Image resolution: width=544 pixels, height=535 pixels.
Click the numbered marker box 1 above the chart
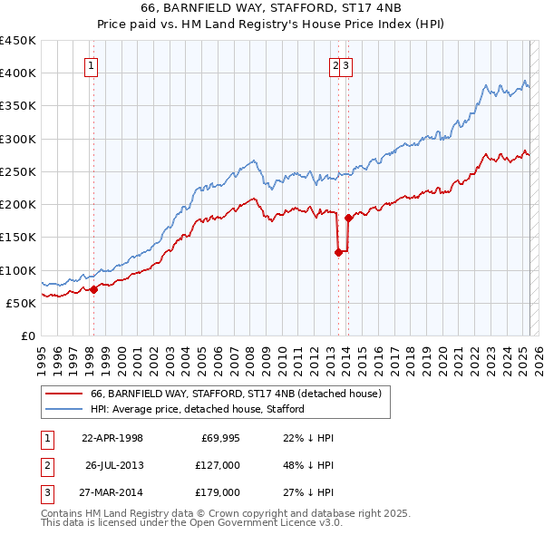click(92, 65)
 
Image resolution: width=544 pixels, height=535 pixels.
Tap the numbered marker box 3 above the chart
click(347, 65)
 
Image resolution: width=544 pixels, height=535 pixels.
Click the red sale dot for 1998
click(93, 290)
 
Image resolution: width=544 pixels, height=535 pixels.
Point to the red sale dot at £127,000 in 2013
click(338, 253)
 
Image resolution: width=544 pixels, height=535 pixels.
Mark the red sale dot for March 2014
click(348, 219)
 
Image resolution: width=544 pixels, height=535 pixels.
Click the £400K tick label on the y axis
click(18, 73)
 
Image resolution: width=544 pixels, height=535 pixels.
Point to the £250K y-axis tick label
click(18, 171)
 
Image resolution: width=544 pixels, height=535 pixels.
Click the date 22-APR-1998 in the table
click(112, 438)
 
